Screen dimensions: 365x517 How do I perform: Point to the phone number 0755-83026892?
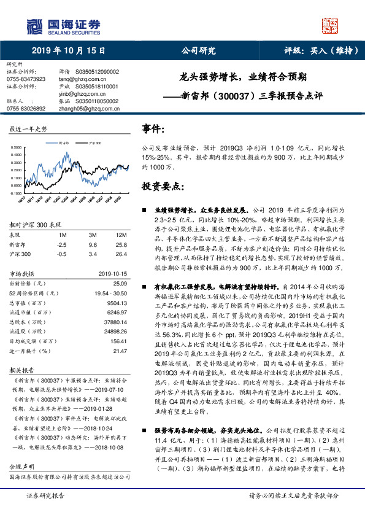pos(25,108)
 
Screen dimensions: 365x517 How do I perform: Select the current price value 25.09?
pos(120,283)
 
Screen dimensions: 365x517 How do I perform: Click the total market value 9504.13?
pos(117,303)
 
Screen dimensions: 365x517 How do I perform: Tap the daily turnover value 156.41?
pos(118,341)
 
